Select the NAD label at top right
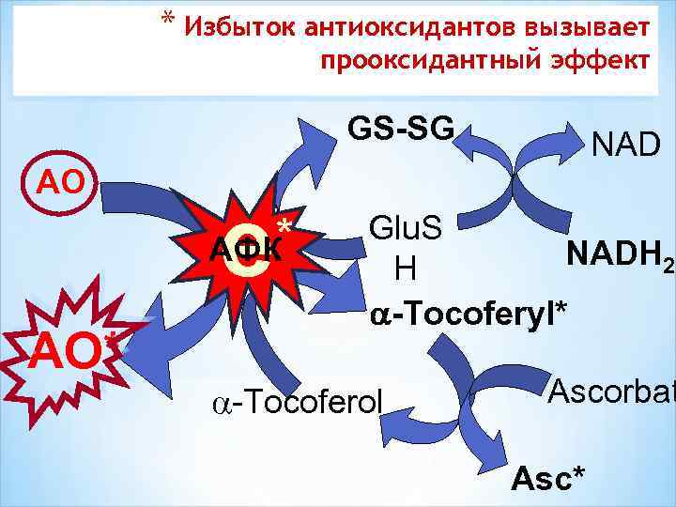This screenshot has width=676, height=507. [x=626, y=145]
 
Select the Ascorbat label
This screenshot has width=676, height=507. [x=610, y=389]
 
